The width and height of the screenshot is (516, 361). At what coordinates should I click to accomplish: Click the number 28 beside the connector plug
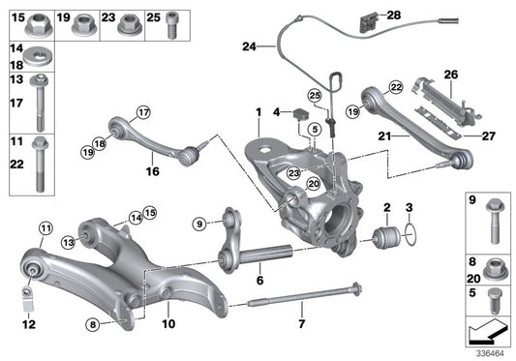(x=393, y=15)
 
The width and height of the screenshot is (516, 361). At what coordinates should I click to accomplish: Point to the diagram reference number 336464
(x=490, y=352)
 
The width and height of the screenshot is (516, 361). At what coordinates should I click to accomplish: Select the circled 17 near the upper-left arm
(x=144, y=110)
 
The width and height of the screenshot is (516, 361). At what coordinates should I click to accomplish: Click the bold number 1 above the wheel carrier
(x=258, y=114)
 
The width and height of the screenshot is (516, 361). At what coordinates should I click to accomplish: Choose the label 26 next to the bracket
(x=451, y=74)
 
